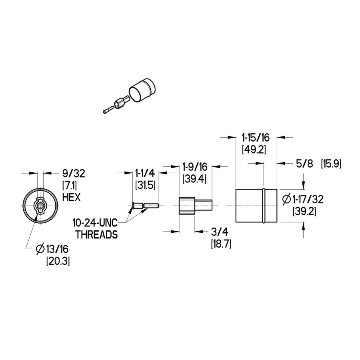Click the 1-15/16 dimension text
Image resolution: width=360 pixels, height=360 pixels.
[256, 138]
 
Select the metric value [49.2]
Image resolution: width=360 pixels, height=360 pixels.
[254, 150]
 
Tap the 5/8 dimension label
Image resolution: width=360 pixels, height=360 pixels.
[304, 164]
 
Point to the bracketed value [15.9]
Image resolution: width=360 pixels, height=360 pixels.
[331, 164]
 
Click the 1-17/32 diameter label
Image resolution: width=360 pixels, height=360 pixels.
[303, 199]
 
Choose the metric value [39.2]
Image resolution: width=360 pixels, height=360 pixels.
[304, 211]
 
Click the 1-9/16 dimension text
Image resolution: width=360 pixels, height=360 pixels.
[195, 167]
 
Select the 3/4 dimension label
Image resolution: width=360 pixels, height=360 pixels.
[220, 232]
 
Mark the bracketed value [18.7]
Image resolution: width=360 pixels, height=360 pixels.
[221, 244]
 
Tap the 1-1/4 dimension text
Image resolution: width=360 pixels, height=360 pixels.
[145, 173]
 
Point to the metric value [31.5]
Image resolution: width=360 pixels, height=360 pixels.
[145, 185]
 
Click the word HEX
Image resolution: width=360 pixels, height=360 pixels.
[72, 197]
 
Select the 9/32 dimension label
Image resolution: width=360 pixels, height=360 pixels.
[74, 173]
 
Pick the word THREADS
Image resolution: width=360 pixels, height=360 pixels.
[97, 235]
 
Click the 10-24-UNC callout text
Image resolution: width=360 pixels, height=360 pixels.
[95, 223]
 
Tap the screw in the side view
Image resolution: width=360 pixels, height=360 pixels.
[146, 206]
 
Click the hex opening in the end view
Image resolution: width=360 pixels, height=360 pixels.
[40, 205]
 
